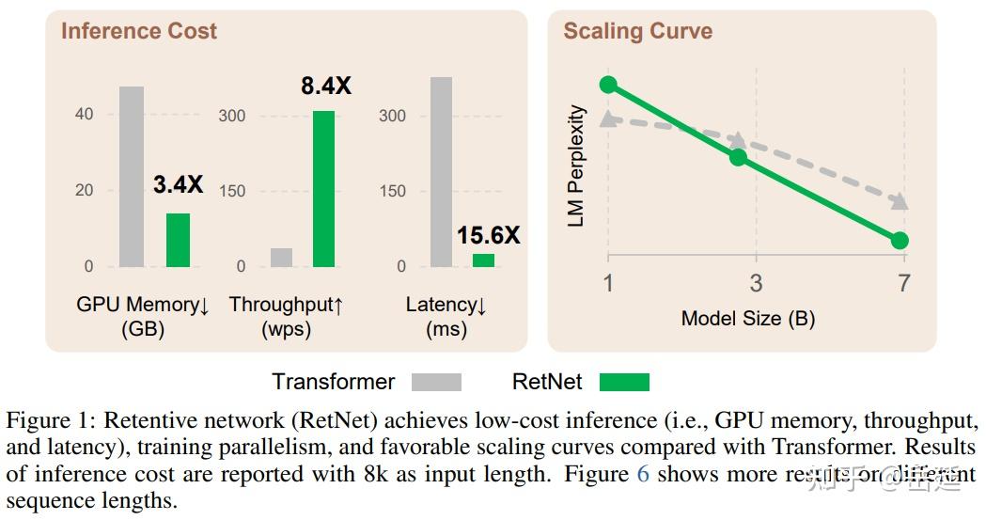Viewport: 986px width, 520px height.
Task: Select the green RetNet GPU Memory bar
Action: (178, 240)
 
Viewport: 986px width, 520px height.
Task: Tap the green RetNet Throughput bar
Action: (324, 188)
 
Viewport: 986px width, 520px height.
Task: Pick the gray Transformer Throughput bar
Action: (281, 257)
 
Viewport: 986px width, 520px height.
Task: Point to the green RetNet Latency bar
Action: (483, 260)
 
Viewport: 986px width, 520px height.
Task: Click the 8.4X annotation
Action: (326, 87)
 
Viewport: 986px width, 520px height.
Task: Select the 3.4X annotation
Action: (178, 185)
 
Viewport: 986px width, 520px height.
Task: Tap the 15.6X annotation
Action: (488, 235)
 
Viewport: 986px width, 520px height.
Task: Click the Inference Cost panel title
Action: (139, 31)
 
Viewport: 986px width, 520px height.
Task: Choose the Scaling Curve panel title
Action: (637, 31)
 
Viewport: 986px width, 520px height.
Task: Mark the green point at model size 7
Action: (900, 241)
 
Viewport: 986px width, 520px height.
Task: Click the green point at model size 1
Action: (608, 85)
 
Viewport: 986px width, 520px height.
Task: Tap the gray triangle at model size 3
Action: (739, 139)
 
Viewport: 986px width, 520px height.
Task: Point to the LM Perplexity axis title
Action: (577, 165)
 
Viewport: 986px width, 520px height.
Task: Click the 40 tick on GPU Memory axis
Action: (85, 115)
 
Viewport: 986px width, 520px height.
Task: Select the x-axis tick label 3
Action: (756, 283)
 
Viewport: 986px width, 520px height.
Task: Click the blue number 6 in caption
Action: (643, 473)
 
